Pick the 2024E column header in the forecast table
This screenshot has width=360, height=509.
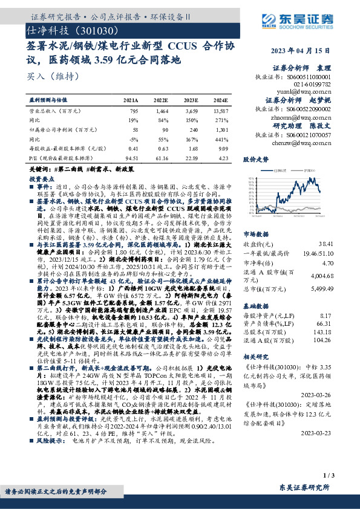click(x=220, y=100)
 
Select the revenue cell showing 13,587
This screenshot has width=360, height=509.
click(x=220, y=111)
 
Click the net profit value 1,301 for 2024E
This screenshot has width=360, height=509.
click(x=221, y=129)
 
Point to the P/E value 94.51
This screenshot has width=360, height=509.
click(x=131, y=157)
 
